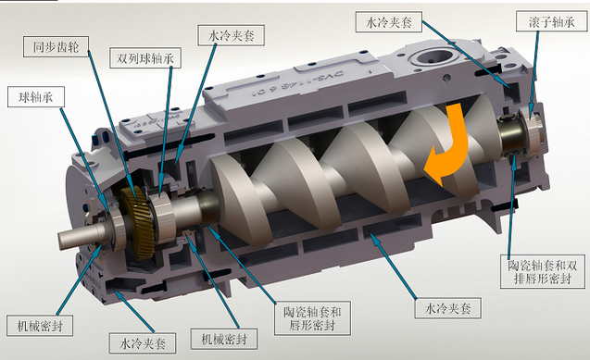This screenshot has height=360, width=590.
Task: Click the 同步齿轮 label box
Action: tap(56, 47)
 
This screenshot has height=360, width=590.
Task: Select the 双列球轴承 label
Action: tap(145, 58)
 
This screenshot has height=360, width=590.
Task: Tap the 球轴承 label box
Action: tap(36, 97)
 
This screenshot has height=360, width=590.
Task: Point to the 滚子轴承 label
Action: tap(551, 21)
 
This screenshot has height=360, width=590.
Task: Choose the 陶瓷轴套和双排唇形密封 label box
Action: tap(542, 272)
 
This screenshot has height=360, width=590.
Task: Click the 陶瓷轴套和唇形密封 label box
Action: tap(312, 318)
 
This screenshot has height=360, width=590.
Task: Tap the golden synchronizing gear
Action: tap(138, 222)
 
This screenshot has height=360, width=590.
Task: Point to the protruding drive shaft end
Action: tap(74, 238)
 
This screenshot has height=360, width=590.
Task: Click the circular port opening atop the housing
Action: tap(432, 57)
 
